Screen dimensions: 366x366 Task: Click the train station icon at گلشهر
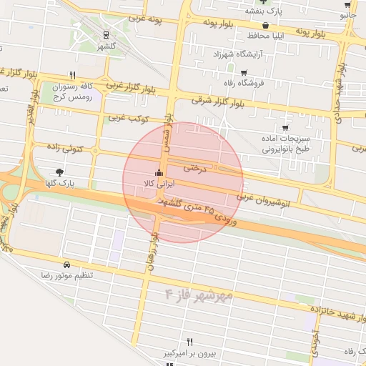point(106,34)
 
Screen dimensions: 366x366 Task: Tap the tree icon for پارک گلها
point(59,172)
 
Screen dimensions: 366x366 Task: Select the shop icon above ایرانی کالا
point(158,173)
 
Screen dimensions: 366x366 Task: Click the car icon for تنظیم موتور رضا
point(66,263)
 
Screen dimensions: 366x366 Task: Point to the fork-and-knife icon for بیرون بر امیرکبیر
point(189,342)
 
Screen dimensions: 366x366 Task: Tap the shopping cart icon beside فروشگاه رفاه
point(244,72)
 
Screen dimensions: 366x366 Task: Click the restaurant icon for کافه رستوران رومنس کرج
point(72,74)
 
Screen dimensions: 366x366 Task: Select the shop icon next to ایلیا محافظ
point(265,24)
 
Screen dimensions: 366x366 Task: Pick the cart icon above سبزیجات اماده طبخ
point(285,127)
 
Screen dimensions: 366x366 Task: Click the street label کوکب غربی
point(127,117)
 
